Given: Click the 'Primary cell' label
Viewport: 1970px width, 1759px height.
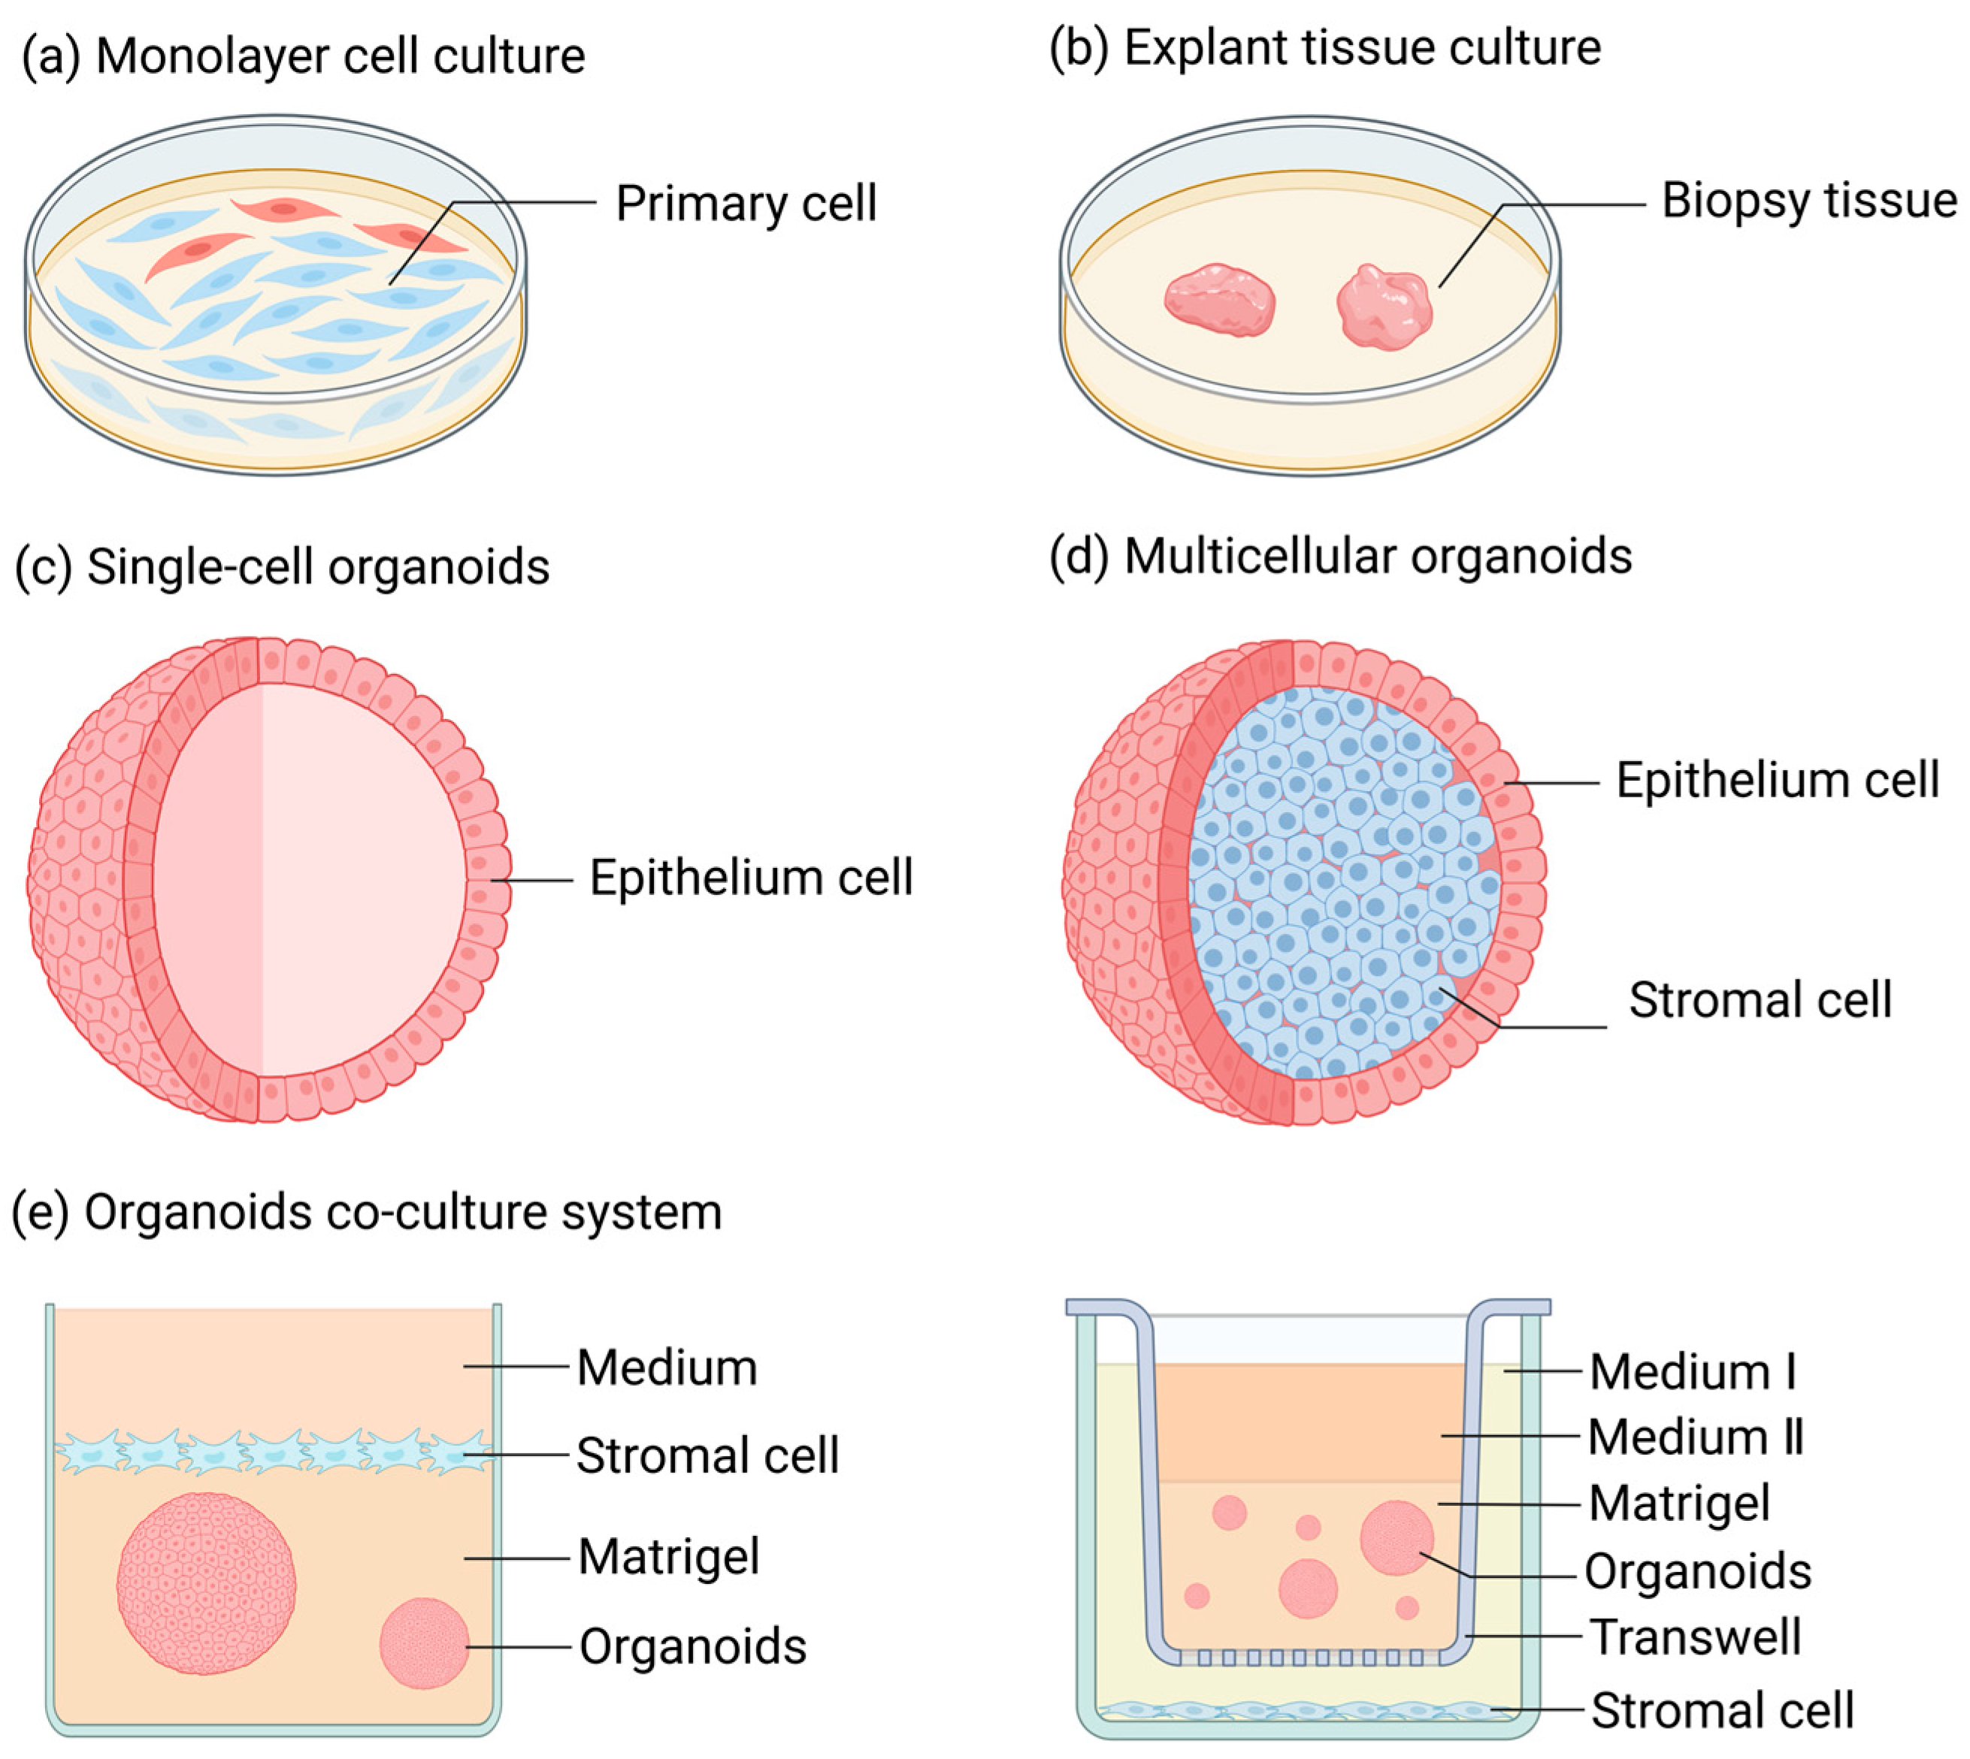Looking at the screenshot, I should (x=746, y=204).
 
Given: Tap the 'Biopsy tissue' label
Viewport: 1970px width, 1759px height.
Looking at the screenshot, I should (x=1808, y=201).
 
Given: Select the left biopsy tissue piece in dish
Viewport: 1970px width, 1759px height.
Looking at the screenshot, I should (x=1220, y=301).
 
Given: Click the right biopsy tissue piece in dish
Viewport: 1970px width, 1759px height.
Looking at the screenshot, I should (x=1384, y=307).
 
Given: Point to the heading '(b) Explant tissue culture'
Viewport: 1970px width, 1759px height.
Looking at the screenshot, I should (x=1324, y=47).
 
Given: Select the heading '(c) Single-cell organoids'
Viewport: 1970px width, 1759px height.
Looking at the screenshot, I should (x=283, y=567).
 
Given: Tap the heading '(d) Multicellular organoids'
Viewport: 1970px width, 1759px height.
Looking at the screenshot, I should (x=1341, y=557).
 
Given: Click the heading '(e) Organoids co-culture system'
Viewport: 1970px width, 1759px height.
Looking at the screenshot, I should (x=368, y=1212).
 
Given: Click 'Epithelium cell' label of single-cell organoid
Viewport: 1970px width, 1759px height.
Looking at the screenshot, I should (x=751, y=878).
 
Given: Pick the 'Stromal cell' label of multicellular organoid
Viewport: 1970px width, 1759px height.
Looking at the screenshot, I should (x=1760, y=1000).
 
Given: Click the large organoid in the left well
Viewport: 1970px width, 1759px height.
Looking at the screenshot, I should (x=206, y=1583).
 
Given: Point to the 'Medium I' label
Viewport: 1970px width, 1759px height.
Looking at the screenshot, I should (x=1693, y=1372).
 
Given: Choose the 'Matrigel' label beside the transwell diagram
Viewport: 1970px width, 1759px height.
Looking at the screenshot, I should (x=1679, y=1504).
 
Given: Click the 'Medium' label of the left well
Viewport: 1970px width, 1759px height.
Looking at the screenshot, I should (x=667, y=1368).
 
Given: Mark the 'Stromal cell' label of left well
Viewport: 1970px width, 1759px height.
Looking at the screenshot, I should (x=707, y=1455).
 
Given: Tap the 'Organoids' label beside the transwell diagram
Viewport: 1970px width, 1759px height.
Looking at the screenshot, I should (x=1697, y=1571).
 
